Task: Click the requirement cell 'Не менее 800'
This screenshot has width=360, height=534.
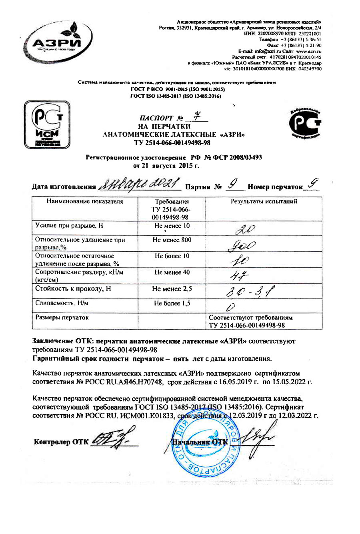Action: point(172,240)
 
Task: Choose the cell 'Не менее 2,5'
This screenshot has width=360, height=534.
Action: point(172,289)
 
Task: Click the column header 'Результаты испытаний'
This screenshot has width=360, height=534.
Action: point(264,202)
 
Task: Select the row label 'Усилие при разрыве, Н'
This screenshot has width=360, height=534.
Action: point(69,226)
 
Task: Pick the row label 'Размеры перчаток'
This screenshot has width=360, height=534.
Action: point(62,317)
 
